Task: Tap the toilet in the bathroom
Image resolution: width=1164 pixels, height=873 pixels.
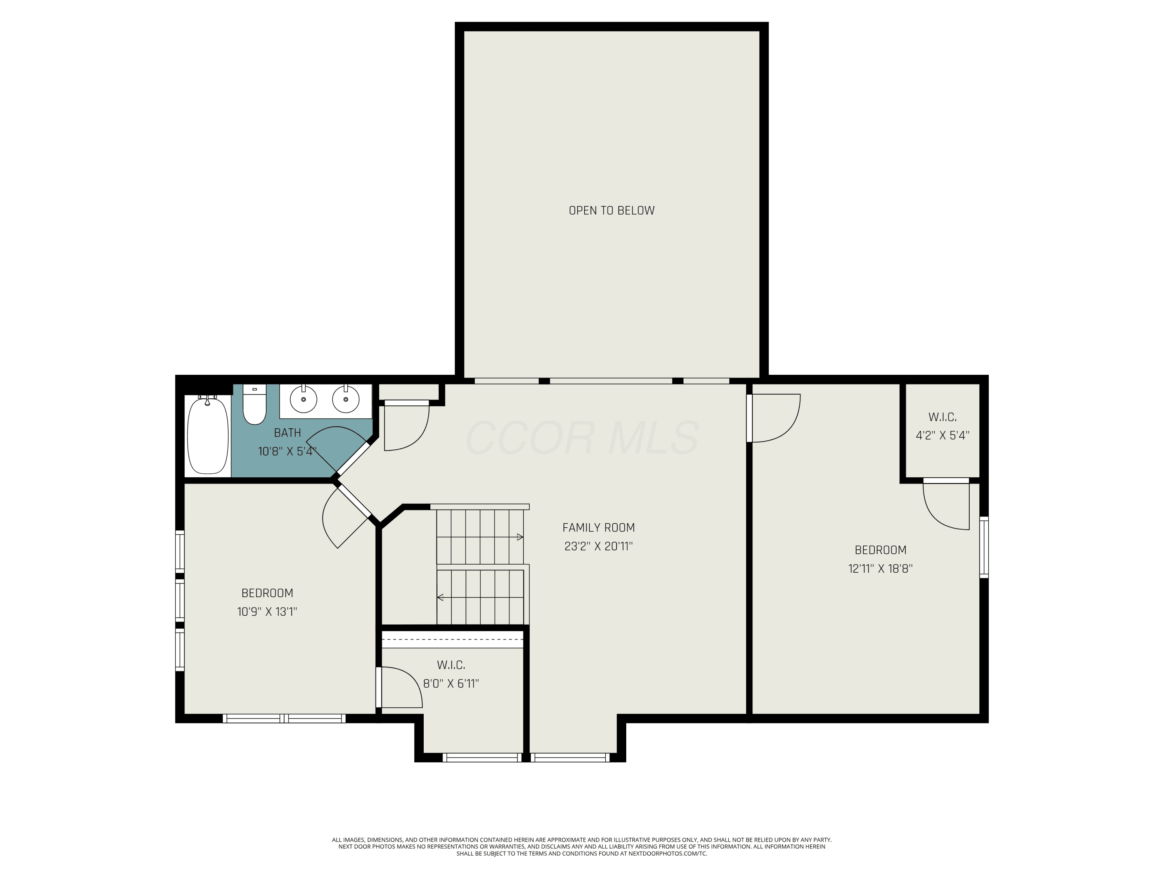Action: (x=255, y=404)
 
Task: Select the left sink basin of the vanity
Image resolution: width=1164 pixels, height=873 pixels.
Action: (x=304, y=400)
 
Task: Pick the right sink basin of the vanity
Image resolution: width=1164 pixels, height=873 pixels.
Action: (x=346, y=400)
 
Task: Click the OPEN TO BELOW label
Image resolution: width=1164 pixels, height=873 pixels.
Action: (x=611, y=210)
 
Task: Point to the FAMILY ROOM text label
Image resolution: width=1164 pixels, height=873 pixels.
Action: (x=598, y=527)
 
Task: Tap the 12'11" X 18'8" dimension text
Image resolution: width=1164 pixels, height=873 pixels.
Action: (x=880, y=568)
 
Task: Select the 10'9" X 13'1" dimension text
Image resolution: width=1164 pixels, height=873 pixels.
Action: (x=267, y=611)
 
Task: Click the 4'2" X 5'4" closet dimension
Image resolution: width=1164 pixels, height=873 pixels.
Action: (x=942, y=435)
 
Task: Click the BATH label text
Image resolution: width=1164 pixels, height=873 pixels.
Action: (x=288, y=433)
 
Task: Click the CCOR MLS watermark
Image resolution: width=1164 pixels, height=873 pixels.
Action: (x=582, y=437)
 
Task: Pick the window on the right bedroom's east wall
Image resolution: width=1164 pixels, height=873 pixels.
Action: (x=984, y=547)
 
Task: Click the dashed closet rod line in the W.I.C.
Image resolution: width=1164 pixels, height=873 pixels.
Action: (x=452, y=639)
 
